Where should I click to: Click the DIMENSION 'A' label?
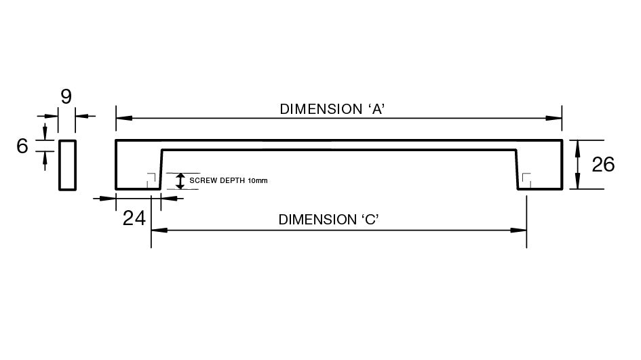[x=333, y=108]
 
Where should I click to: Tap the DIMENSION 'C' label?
[x=328, y=220]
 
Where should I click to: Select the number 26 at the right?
[x=603, y=165]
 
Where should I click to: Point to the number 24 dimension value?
[x=134, y=218]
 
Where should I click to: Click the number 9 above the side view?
[x=66, y=97]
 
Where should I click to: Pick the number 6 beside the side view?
[x=22, y=145]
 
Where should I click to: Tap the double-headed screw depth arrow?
[x=180, y=181]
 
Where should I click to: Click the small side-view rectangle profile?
[x=67, y=165]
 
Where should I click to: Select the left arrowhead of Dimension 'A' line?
[x=123, y=118]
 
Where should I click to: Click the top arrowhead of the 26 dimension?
[x=577, y=145]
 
